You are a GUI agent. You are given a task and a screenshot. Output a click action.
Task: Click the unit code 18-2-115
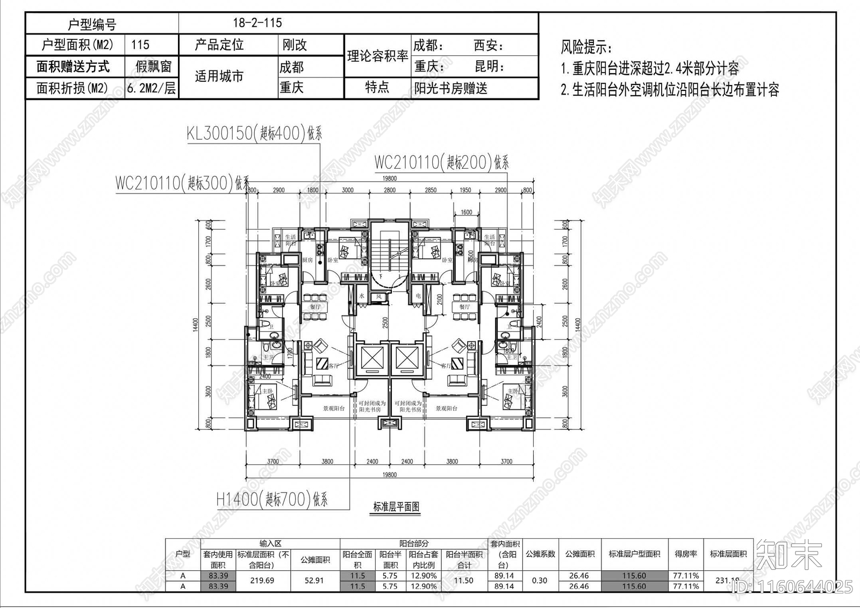click(x=257, y=23)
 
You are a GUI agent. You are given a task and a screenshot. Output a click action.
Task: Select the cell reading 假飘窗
click(x=153, y=67)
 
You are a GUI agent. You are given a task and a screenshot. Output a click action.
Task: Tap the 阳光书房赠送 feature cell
click(x=450, y=88)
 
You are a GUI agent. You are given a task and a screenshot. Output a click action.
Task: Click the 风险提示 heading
click(x=586, y=47)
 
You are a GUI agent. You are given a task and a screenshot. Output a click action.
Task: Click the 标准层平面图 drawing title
click(x=396, y=506)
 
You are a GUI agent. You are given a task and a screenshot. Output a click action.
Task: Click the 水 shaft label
click(x=362, y=296)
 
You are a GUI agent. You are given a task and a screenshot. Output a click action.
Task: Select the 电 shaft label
click(x=418, y=296)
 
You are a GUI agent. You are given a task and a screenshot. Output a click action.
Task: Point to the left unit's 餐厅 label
click(x=315, y=307)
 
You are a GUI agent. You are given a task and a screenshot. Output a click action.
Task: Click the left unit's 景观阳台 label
click(x=334, y=409)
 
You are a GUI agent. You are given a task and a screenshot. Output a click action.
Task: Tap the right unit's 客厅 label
click(x=446, y=366)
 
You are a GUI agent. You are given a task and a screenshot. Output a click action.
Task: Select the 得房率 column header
click(x=686, y=554)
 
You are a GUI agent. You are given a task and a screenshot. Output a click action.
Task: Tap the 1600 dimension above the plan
click(x=466, y=212)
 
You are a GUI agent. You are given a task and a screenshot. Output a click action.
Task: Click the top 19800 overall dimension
click(x=389, y=178)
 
